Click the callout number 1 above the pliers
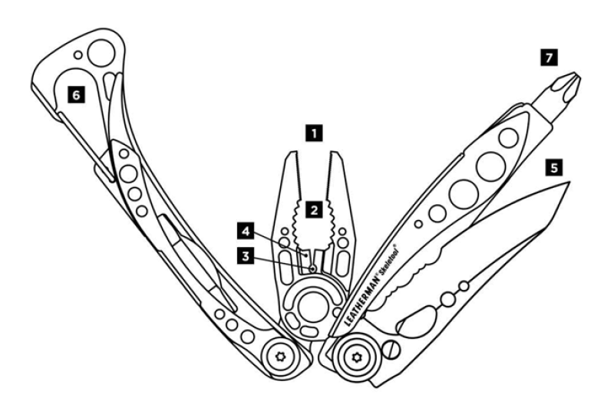tap(315, 133)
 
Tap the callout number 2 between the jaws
tap(314, 210)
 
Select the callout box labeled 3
tap(246, 257)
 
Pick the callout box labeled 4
tap(246, 231)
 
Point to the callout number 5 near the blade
tap(553, 168)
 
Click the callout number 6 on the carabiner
tap(76, 94)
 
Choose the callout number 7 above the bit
tap(549, 58)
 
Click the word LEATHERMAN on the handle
tap(362, 301)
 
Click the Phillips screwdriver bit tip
tap(575, 75)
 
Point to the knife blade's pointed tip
tap(569, 183)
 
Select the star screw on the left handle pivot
tap(280, 357)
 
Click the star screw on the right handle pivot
tap(356, 357)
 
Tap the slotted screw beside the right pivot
tap(391, 349)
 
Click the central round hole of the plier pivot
tap(312, 306)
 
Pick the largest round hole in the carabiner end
tap(101, 53)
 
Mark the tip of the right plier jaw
tap(337, 153)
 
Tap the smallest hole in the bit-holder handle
tap(418, 224)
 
